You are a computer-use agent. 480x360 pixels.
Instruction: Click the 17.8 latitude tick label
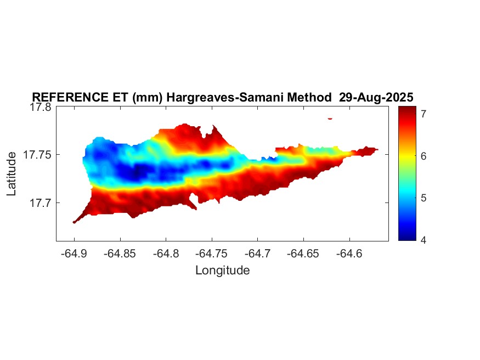[x=39, y=108]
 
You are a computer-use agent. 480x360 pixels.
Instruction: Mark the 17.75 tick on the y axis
[x=37, y=155]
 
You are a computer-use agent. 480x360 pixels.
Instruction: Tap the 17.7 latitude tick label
[x=39, y=203]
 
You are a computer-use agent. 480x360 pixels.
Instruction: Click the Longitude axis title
[x=222, y=270]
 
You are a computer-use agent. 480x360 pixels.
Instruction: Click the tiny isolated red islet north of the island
[x=330, y=118]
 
